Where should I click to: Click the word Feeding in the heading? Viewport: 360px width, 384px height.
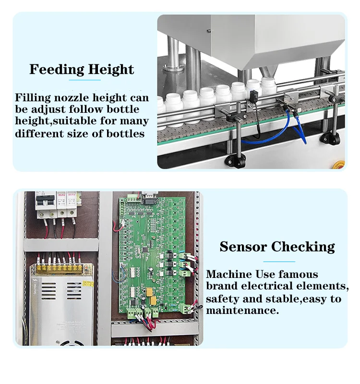[52, 69]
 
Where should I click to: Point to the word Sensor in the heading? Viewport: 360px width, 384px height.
[244, 247]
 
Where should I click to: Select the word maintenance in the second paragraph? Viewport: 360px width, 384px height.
[242, 311]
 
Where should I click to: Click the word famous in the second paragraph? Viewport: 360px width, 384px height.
[300, 275]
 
